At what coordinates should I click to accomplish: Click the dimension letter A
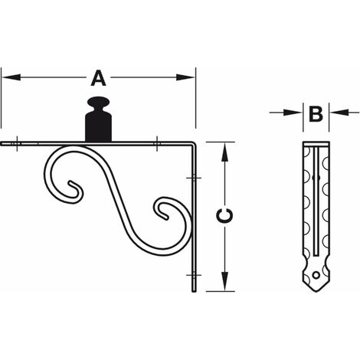98,78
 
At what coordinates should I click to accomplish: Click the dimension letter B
316,114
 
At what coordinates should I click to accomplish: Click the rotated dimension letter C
224,215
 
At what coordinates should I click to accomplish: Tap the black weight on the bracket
98,119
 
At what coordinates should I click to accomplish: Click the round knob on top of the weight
98,101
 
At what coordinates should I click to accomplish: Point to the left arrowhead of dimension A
11,77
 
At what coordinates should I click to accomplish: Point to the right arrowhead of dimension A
185,77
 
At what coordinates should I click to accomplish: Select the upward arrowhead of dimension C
224,152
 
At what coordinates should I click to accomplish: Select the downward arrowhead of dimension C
224,281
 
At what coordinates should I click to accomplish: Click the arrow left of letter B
286,112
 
